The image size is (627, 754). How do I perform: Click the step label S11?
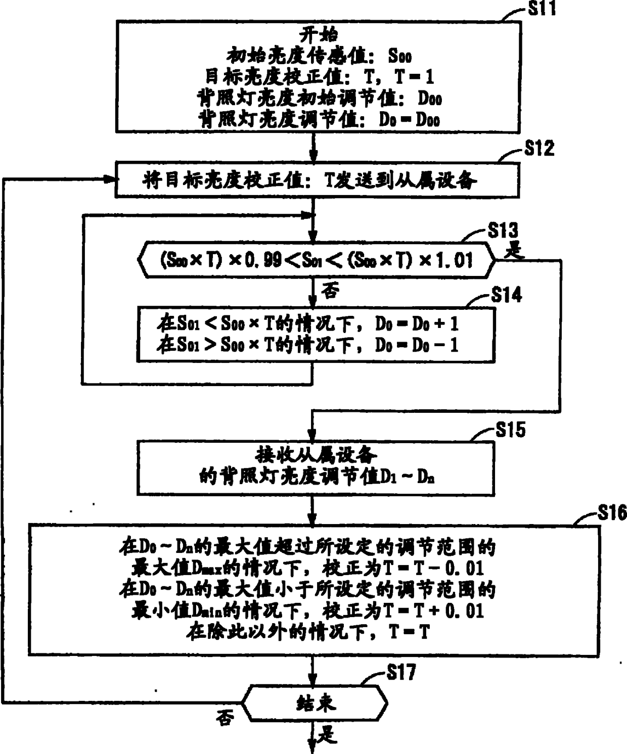(x=542, y=9)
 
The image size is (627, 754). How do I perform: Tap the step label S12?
(x=539, y=149)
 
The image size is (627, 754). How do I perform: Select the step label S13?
(x=503, y=230)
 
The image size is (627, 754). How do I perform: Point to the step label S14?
(x=506, y=294)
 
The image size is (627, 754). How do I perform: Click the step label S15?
(x=510, y=430)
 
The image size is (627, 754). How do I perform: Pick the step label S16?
(x=612, y=513)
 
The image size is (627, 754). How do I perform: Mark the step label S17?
(x=401, y=673)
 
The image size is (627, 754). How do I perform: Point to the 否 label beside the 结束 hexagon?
(x=225, y=718)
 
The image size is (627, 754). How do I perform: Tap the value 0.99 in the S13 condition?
(x=263, y=260)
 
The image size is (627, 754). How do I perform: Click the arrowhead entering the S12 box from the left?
(x=110, y=179)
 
